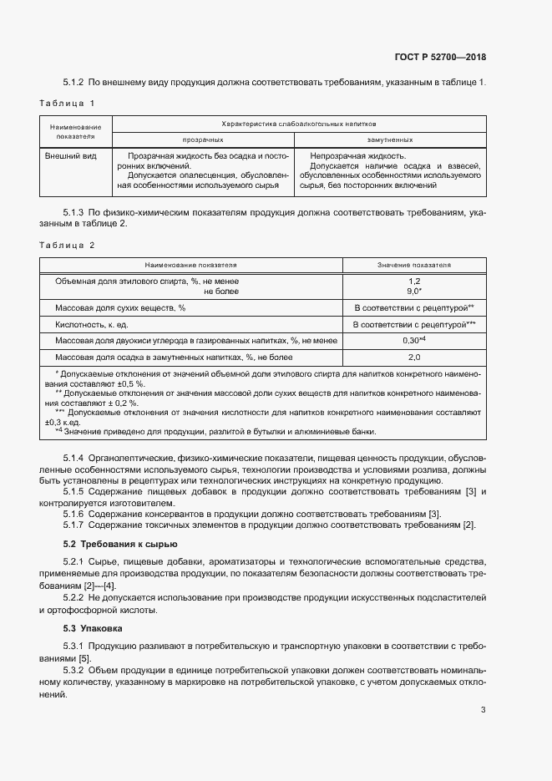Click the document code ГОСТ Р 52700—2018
tap(439, 58)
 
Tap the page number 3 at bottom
tap(483, 710)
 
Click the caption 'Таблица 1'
tap(67, 103)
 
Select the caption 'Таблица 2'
tap(67, 246)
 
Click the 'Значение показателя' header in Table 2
tap(414, 265)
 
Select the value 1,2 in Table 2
tap(414, 281)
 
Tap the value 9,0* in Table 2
tap(414, 292)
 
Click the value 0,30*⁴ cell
tap(414, 341)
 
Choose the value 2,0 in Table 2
tap(414, 358)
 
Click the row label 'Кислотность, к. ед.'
tap(91, 324)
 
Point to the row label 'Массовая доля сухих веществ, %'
tap(119, 308)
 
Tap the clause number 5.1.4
tap(74, 459)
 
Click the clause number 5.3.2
tap(74, 671)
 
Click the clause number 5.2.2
tap(74, 598)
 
